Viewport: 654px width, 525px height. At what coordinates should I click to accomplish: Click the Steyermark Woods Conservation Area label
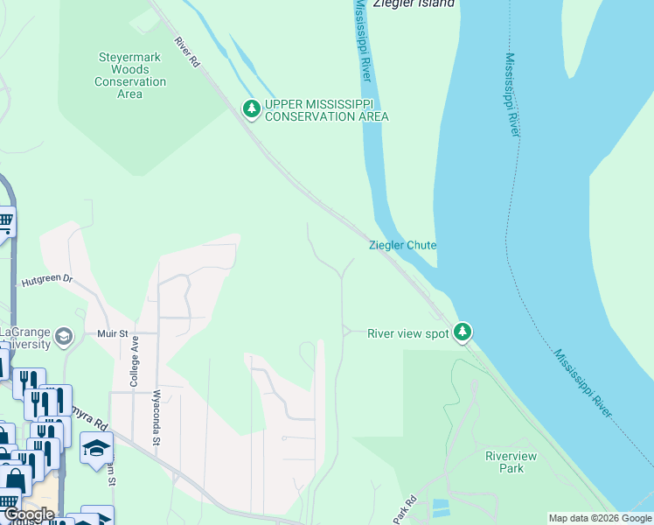(130, 76)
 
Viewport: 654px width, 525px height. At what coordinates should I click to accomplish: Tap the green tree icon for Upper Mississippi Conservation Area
(252, 108)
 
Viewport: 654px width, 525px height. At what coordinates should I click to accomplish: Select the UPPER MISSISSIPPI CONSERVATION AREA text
(326, 109)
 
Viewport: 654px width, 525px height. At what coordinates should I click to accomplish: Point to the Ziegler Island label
(414, 3)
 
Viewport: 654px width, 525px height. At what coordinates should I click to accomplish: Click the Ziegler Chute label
(402, 245)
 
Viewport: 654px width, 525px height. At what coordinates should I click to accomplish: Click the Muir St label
(113, 333)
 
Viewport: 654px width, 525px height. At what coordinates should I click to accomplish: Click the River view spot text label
(407, 333)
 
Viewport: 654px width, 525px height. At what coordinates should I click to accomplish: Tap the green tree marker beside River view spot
(463, 332)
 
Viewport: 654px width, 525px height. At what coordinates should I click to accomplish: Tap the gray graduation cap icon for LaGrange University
(63, 337)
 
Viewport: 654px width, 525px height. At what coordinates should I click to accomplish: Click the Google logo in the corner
(29, 514)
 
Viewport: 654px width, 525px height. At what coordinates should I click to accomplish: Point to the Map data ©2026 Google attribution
(600, 518)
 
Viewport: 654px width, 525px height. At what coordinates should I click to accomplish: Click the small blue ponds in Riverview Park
(442, 507)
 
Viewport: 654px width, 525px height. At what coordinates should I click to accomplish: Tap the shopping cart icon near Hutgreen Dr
(4, 222)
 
